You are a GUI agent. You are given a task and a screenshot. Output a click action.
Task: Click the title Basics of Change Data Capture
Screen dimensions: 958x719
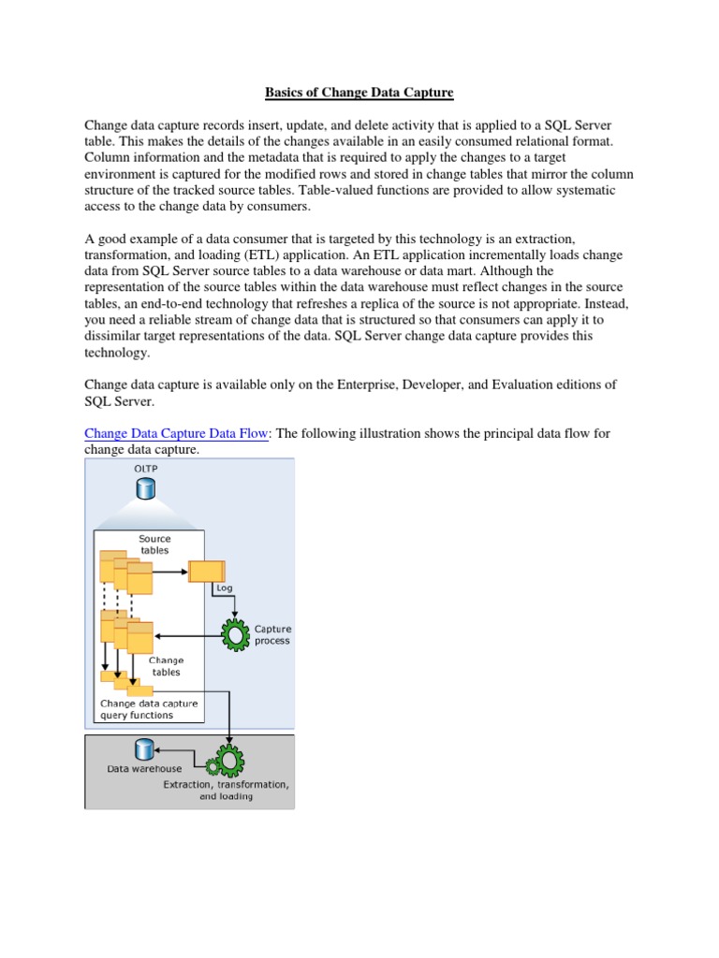coord(359,93)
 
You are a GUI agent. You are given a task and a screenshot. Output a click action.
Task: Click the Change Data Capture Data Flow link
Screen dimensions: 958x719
coord(177,434)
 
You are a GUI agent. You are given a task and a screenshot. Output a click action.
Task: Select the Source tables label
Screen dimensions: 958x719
coord(154,544)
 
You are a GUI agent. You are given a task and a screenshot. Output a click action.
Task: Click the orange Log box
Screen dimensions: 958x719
coord(206,571)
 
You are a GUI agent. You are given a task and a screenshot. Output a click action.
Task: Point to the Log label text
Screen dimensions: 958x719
coord(224,588)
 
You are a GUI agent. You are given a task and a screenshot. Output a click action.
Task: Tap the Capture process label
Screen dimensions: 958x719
coord(272,634)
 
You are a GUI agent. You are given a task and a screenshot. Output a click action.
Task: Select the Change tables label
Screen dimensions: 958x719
coord(165,666)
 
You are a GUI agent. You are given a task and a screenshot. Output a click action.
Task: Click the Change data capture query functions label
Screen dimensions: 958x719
coord(149,708)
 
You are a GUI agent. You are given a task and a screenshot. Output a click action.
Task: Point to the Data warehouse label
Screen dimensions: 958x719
coord(143,769)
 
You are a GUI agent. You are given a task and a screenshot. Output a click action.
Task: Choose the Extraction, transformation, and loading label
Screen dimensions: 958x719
coord(226,791)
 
